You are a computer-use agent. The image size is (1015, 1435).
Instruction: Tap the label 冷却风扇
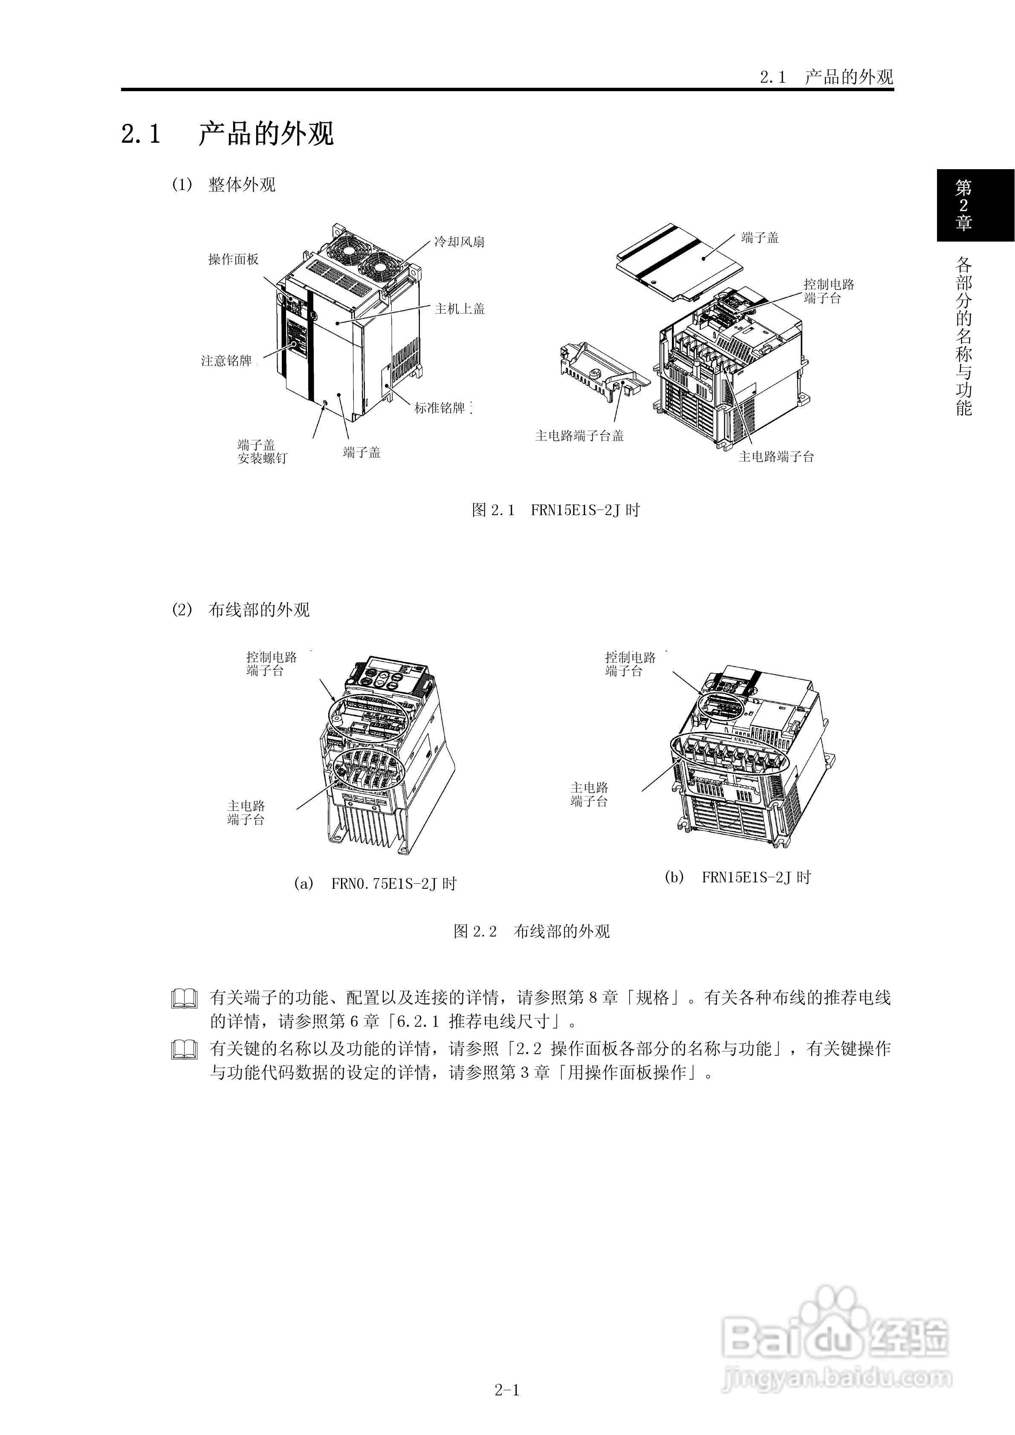point(459,242)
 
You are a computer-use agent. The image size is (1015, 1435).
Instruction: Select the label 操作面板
point(233,259)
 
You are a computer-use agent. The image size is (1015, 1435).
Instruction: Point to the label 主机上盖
point(460,309)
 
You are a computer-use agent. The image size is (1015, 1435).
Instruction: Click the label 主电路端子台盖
point(579,435)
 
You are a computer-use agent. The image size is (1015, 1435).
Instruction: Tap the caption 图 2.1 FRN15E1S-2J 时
point(555,510)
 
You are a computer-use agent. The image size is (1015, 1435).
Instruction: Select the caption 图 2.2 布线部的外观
point(531,931)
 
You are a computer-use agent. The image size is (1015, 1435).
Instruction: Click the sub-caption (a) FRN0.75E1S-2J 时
point(375,884)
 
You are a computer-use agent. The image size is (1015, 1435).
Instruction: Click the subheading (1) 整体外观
point(223,185)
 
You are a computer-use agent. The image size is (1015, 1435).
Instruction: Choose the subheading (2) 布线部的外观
point(241,610)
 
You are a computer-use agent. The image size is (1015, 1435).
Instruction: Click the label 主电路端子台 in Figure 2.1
point(776,457)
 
